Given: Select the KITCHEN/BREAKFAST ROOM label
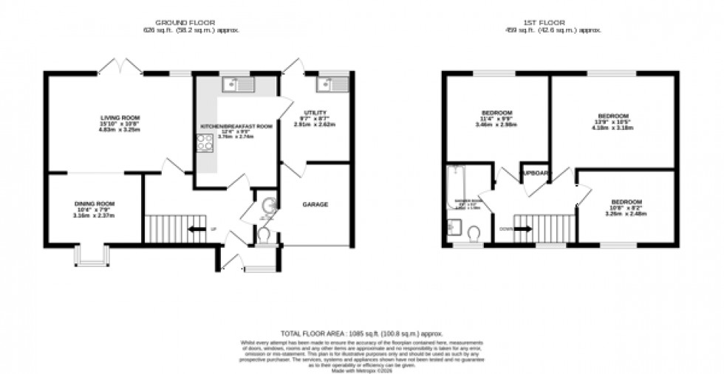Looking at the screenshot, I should [x=236, y=127].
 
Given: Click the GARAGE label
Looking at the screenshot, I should [x=315, y=204].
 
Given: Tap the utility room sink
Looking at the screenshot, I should [x=332, y=86].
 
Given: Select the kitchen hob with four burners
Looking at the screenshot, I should [x=205, y=142].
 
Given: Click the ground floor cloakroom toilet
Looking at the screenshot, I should [x=263, y=234].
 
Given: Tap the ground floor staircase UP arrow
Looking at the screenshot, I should [x=196, y=229].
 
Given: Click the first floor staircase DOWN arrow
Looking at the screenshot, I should [x=522, y=229].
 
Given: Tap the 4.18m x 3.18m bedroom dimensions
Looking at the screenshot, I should [x=613, y=128].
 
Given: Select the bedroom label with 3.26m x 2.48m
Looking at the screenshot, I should [x=625, y=201].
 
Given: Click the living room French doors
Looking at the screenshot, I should [x=120, y=68].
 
